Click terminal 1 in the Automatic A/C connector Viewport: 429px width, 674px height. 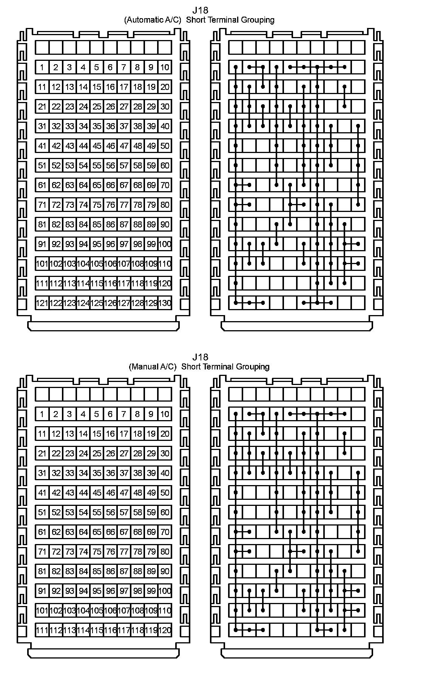[x=42, y=67]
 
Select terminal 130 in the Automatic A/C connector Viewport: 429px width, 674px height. [x=165, y=303]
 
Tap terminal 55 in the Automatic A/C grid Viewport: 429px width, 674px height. [x=97, y=165]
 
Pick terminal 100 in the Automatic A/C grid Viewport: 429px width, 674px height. [x=165, y=244]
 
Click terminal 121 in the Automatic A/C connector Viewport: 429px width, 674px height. [x=42, y=303]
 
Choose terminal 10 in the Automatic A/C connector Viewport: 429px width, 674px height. [x=165, y=67]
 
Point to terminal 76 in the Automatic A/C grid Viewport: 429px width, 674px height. [x=110, y=205]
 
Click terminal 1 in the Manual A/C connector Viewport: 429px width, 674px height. [x=42, y=414]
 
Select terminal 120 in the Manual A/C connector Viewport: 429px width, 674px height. [x=165, y=630]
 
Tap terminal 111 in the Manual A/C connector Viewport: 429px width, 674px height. [x=42, y=630]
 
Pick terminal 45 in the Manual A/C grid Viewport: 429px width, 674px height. [x=97, y=493]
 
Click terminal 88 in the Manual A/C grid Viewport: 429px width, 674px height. [x=137, y=571]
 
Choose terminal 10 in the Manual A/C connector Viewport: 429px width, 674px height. [x=165, y=414]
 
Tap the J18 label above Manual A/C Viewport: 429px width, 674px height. [x=200, y=357]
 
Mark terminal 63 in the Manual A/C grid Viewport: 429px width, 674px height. [x=69, y=532]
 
